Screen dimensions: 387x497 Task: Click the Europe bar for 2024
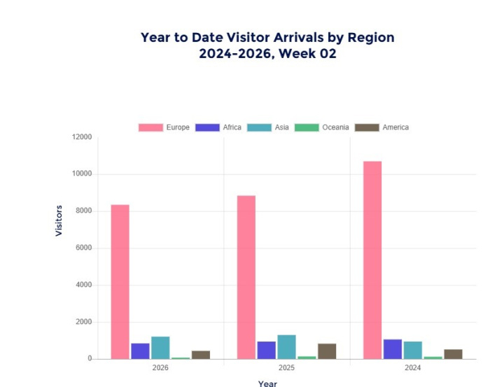372,260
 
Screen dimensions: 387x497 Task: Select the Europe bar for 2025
246,277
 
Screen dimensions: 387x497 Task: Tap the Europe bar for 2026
120,281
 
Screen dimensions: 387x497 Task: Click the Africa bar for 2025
266,350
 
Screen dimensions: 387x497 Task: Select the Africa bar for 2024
393,349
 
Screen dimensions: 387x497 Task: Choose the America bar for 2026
201,355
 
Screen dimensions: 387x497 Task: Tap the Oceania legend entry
321,127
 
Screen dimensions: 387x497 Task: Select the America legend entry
381,127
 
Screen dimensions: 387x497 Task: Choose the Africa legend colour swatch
208,127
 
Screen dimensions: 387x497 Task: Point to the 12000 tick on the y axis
82,137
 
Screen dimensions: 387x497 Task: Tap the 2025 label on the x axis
286,367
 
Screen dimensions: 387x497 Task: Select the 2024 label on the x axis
413,367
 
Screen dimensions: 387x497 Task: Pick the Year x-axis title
267,383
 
